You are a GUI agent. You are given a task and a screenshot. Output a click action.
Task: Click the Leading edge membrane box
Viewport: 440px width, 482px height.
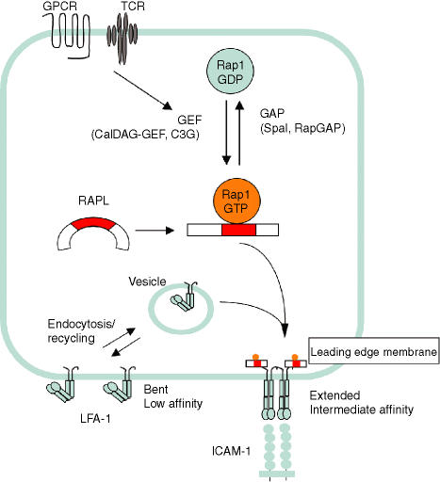373,351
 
